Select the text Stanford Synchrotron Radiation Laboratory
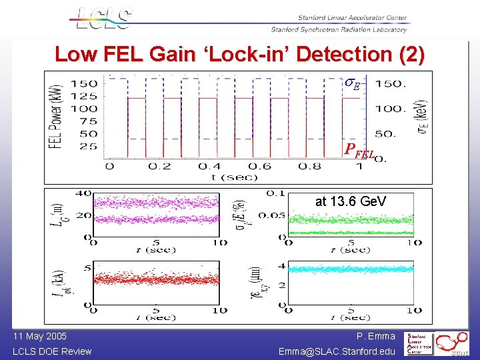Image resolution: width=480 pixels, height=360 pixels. point(339,29)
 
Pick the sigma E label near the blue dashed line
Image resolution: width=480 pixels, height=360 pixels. point(352,84)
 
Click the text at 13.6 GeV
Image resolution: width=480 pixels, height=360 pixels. point(351,201)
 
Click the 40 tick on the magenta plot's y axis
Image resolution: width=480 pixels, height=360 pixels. point(83,193)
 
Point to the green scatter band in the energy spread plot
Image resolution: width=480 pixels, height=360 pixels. point(350,219)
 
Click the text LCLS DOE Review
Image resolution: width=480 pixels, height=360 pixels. point(52,351)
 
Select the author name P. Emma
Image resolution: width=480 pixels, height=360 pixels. point(375,337)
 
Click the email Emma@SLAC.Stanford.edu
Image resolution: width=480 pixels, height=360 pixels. point(337,351)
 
